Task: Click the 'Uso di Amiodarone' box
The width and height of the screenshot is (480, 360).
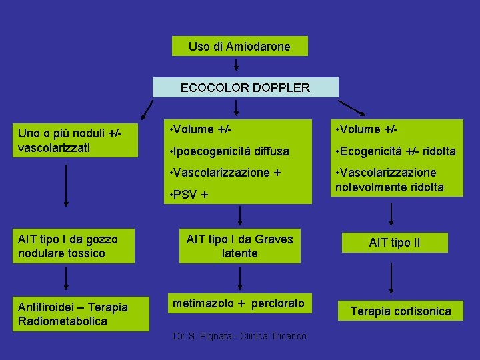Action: point(239,47)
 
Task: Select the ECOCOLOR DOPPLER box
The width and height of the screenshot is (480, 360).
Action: point(245,87)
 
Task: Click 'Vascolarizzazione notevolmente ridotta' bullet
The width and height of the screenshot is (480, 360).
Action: point(398,180)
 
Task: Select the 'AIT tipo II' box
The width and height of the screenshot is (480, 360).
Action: point(395,243)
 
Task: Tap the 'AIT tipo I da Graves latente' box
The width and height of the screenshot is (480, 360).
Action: point(240,246)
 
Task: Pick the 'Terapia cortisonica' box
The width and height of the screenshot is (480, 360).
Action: point(401,311)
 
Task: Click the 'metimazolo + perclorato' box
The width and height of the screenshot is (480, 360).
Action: point(239,303)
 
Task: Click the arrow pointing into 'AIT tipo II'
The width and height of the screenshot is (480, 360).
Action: point(391,215)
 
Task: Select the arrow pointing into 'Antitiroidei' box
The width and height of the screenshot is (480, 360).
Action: point(66,280)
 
